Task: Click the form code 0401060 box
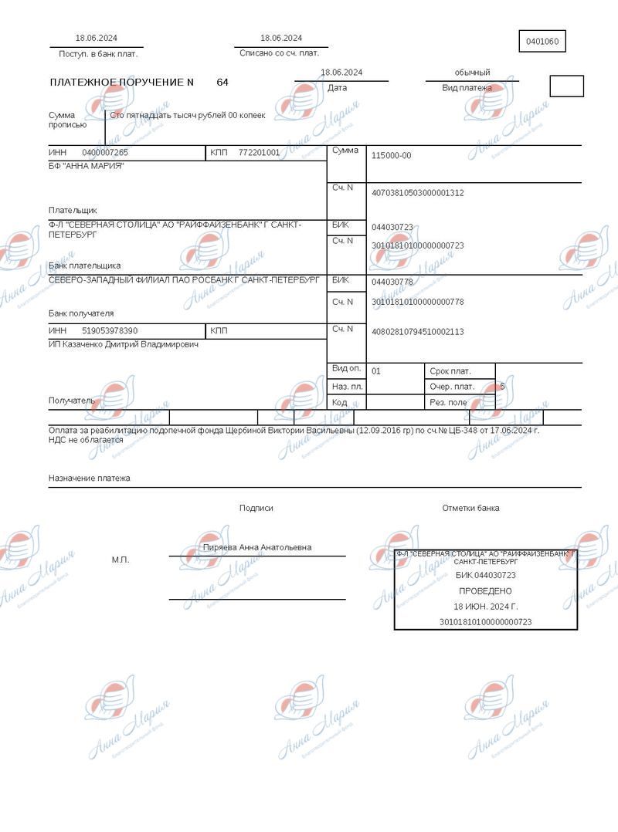coord(542,42)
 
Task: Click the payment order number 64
coord(222,82)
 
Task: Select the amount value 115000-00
coord(392,156)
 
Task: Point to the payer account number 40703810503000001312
coord(417,193)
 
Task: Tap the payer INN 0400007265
coord(105,153)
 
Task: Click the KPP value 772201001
coord(259,153)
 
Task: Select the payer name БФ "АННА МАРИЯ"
coord(86,166)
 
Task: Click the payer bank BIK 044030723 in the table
coord(392,228)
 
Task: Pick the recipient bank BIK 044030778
coord(392,282)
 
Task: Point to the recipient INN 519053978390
coord(110,331)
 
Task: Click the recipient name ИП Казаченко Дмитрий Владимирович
coord(124,344)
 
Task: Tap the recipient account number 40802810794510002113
coord(417,332)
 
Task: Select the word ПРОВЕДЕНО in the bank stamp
coord(485,590)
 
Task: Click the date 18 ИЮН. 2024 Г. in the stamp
coord(485,606)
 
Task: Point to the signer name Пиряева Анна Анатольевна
coord(256,547)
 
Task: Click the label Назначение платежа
coord(90,479)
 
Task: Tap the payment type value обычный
coord(472,73)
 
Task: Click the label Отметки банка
coord(470,508)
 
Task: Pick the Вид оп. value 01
coord(376,371)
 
